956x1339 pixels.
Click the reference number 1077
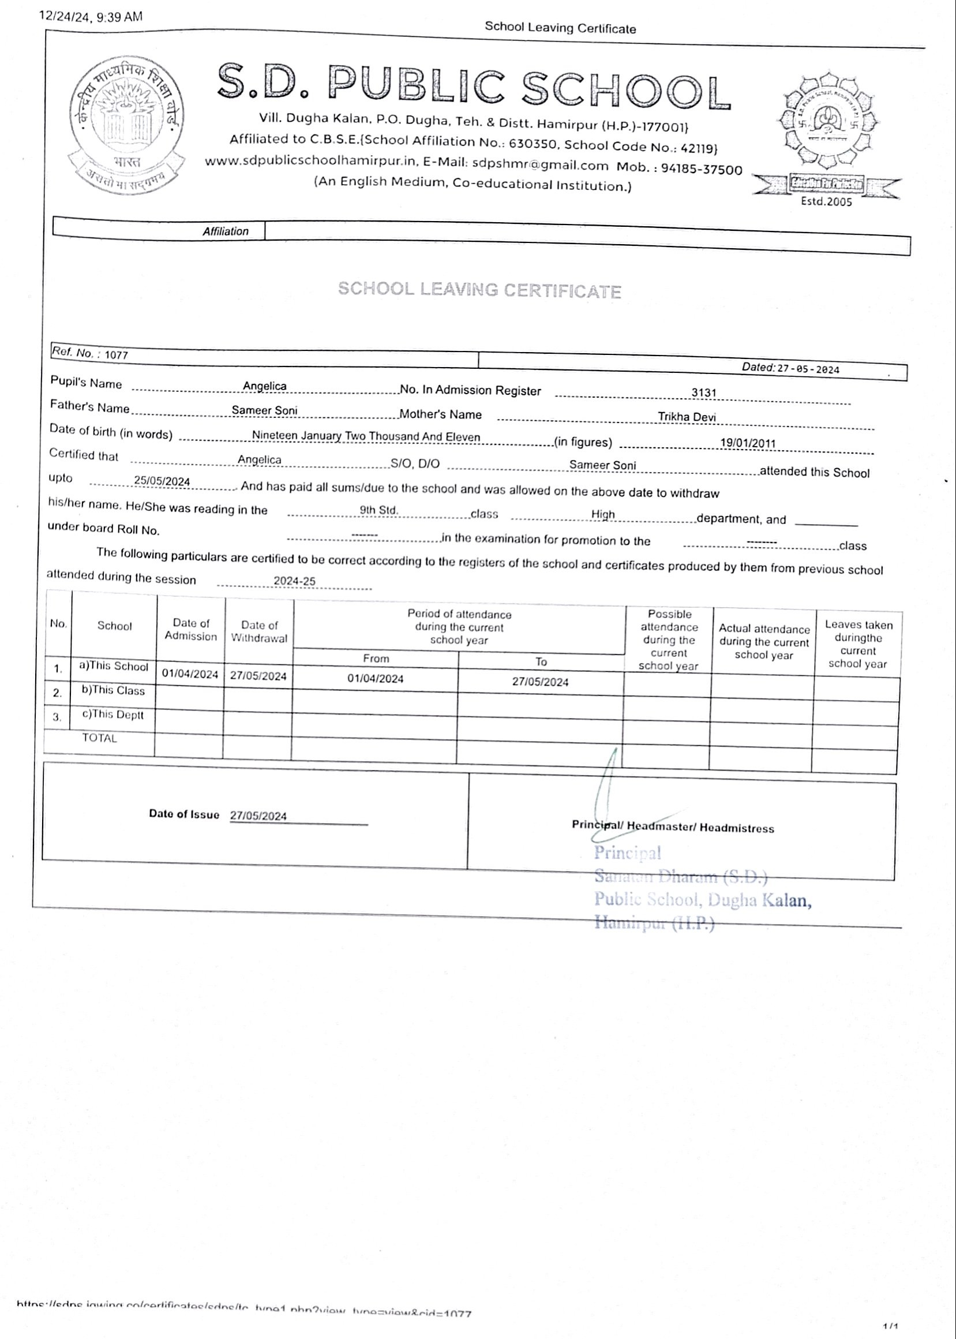pyautogui.click(x=116, y=355)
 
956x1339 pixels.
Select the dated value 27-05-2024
pyautogui.click(x=808, y=369)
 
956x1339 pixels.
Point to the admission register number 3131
pyautogui.click(x=703, y=392)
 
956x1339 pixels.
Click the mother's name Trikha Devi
pyautogui.click(x=687, y=417)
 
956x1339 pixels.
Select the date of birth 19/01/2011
pyautogui.click(x=748, y=443)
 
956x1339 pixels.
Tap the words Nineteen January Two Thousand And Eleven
pyautogui.click(x=366, y=436)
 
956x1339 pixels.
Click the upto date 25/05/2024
pyautogui.click(x=162, y=481)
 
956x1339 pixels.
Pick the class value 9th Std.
pyautogui.click(x=378, y=510)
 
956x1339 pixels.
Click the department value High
pyautogui.click(x=603, y=514)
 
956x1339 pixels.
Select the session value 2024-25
pyautogui.click(x=294, y=581)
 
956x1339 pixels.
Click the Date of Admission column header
pyautogui.click(x=191, y=630)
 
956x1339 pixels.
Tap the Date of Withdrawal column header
pyautogui.click(x=259, y=631)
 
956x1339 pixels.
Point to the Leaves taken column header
pyautogui.click(x=858, y=644)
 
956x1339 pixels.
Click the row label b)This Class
pyautogui.click(x=113, y=691)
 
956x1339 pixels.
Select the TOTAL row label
pyautogui.click(x=99, y=738)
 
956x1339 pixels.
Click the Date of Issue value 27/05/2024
pyautogui.click(x=258, y=816)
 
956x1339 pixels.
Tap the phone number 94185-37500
pyautogui.click(x=701, y=169)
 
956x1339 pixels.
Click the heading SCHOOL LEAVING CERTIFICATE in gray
pyautogui.click(x=479, y=290)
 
